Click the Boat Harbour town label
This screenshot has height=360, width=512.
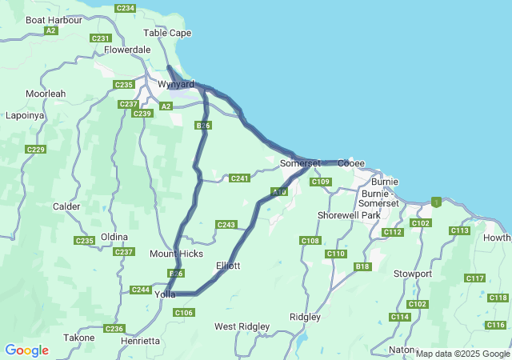pyautogui.click(x=54, y=19)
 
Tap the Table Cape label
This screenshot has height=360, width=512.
pyautogui.click(x=166, y=33)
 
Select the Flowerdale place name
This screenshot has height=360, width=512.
pyautogui.click(x=127, y=49)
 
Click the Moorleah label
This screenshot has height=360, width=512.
pyautogui.click(x=46, y=94)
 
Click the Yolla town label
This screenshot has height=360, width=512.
pyautogui.click(x=165, y=294)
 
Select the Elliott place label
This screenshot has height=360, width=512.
pyautogui.click(x=228, y=265)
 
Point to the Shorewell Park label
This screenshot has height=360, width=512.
pyautogui.click(x=348, y=215)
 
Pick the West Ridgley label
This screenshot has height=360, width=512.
pyautogui.click(x=242, y=326)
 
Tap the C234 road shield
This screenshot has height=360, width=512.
pyautogui.click(x=125, y=8)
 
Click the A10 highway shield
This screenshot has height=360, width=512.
pyautogui.click(x=278, y=192)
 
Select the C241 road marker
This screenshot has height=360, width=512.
pyautogui.click(x=239, y=178)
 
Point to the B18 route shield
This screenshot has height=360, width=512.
pyautogui.click(x=363, y=266)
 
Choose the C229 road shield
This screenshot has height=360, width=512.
pyautogui.click(x=35, y=150)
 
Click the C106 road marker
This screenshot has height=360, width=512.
pyautogui.click(x=183, y=312)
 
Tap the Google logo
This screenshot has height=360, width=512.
pyautogui.click(x=26, y=350)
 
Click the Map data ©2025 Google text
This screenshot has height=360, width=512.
pyautogui.click(x=462, y=354)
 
